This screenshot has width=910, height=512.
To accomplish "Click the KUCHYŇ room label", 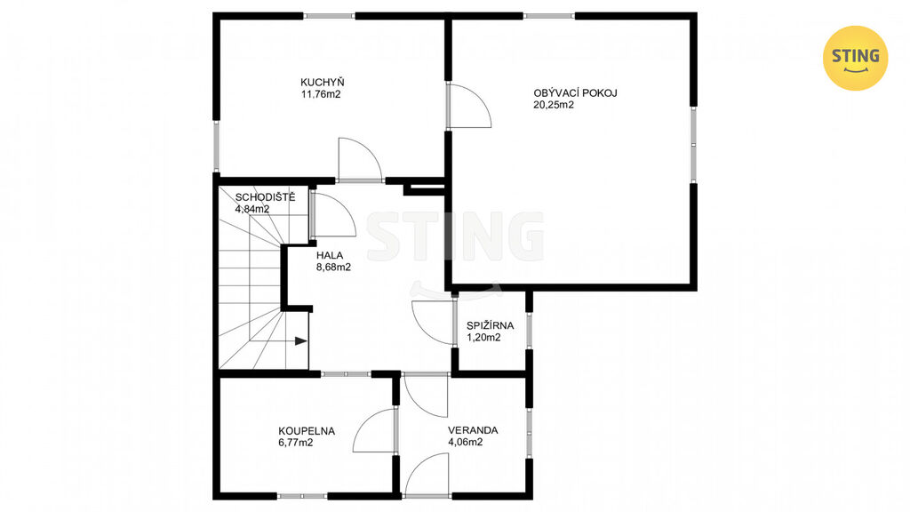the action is pyautogui.click(x=322, y=83).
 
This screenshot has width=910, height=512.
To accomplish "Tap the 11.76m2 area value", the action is pyautogui.click(x=320, y=94).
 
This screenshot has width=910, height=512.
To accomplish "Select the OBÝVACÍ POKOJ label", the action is pyautogui.click(x=575, y=92).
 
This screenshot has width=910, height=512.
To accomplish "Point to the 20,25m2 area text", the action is pyautogui.click(x=554, y=105).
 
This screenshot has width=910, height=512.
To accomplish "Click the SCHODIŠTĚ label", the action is pyautogui.click(x=265, y=197).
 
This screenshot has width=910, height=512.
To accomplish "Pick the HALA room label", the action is pyautogui.click(x=330, y=255).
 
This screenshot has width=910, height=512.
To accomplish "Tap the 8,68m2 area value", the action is pyautogui.click(x=333, y=267).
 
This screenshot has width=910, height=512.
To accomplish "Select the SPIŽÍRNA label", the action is pyautogui.click(x=490, y=325).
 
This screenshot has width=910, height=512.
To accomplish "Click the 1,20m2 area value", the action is pyautogui.click(x=483, y=337).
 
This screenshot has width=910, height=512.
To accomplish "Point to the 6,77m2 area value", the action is pyautogui.click(x=295, y=443).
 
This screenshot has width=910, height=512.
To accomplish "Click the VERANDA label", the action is pyautogui.click(x=473, y=431).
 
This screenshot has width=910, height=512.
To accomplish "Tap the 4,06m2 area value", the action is pyautogui.click(x=466, y=443).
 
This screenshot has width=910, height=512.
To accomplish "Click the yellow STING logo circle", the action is pyautogui.click(x=856, y=58).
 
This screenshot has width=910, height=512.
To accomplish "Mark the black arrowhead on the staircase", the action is pyautogui.click(x=300, y=340).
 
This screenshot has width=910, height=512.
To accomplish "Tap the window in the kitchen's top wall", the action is pyautogui.click(x=330, y=16).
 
